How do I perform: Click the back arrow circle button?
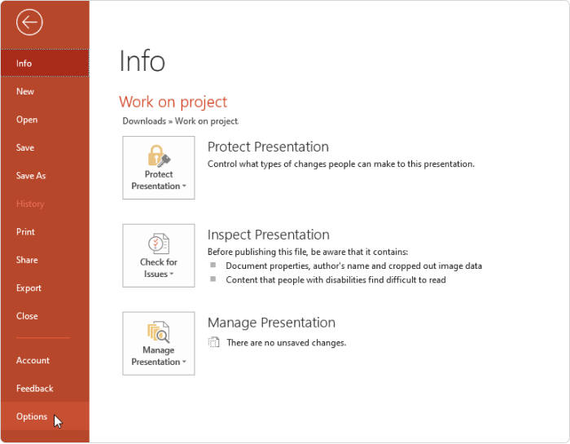(29, 22)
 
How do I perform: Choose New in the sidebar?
(25, 91)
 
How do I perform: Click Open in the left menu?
(27, 120)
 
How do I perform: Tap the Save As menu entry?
(31, 176)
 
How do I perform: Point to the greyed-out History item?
(30, 204)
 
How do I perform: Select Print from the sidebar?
(25, 232)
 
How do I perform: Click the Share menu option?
(27, 260)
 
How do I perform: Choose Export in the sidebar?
(28, 288)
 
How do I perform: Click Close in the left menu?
(27, 316)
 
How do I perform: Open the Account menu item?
(33, 360)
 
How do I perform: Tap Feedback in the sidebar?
(35, 389)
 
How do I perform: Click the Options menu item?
(32, 417)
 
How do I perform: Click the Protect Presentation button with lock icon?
(159, 168)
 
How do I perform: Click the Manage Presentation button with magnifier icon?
(159, 343)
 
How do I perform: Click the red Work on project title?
(173, 102)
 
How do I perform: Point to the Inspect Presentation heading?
(268, 235)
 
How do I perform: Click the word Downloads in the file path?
(144, 121)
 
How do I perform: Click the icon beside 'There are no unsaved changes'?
(213, 342)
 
